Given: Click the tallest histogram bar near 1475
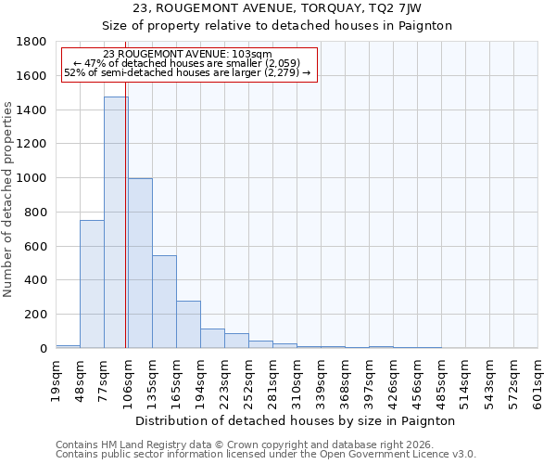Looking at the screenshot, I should coord(116,223).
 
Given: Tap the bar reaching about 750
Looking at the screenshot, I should coord(92,284).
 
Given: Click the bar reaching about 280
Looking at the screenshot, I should coord(188,324).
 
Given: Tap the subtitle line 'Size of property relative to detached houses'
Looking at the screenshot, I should coord(277,26).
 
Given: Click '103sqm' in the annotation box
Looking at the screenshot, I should coord(252,55).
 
